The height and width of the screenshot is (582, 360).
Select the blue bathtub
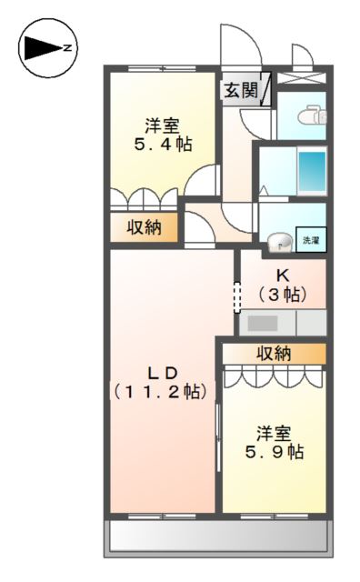pyautogui.click(x=312, y=169)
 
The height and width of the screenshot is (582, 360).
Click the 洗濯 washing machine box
pyautogui.click(x=310, y=240)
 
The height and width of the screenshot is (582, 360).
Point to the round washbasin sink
pyautogui.click(x=281, y=241)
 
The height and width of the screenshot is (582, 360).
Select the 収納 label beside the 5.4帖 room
pyautogui.click(x=144, y=228)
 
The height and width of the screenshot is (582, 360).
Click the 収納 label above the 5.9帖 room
pyautogui.click(x=274, y=353)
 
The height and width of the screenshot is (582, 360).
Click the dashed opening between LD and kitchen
pyautogui.click(x=236, y=296)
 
